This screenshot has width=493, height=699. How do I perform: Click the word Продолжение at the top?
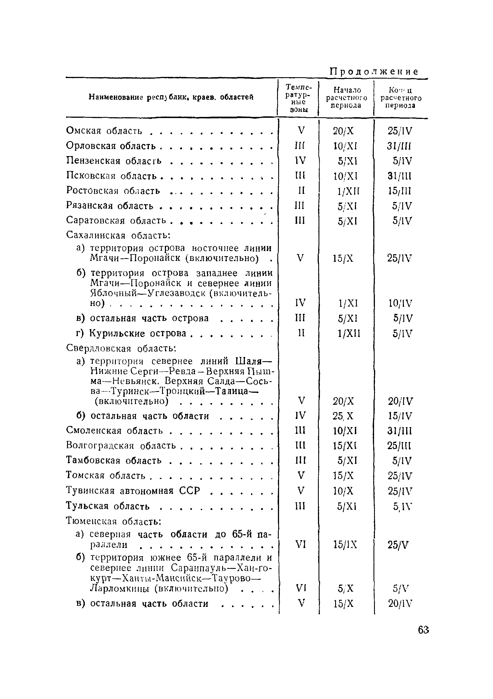(374, 72)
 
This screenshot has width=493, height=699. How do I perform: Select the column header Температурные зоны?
(299, 98)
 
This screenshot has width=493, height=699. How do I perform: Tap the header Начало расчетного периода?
(346, 97)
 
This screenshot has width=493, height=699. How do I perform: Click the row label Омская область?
(104, 131)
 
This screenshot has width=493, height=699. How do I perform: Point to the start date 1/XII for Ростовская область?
(348, 191)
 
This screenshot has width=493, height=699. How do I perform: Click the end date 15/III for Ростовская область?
(399, 191)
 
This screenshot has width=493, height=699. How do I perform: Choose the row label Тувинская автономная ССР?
(133, 491)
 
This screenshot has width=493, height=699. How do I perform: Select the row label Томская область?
(106, 476)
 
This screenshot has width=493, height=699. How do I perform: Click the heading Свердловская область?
(121, 348)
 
